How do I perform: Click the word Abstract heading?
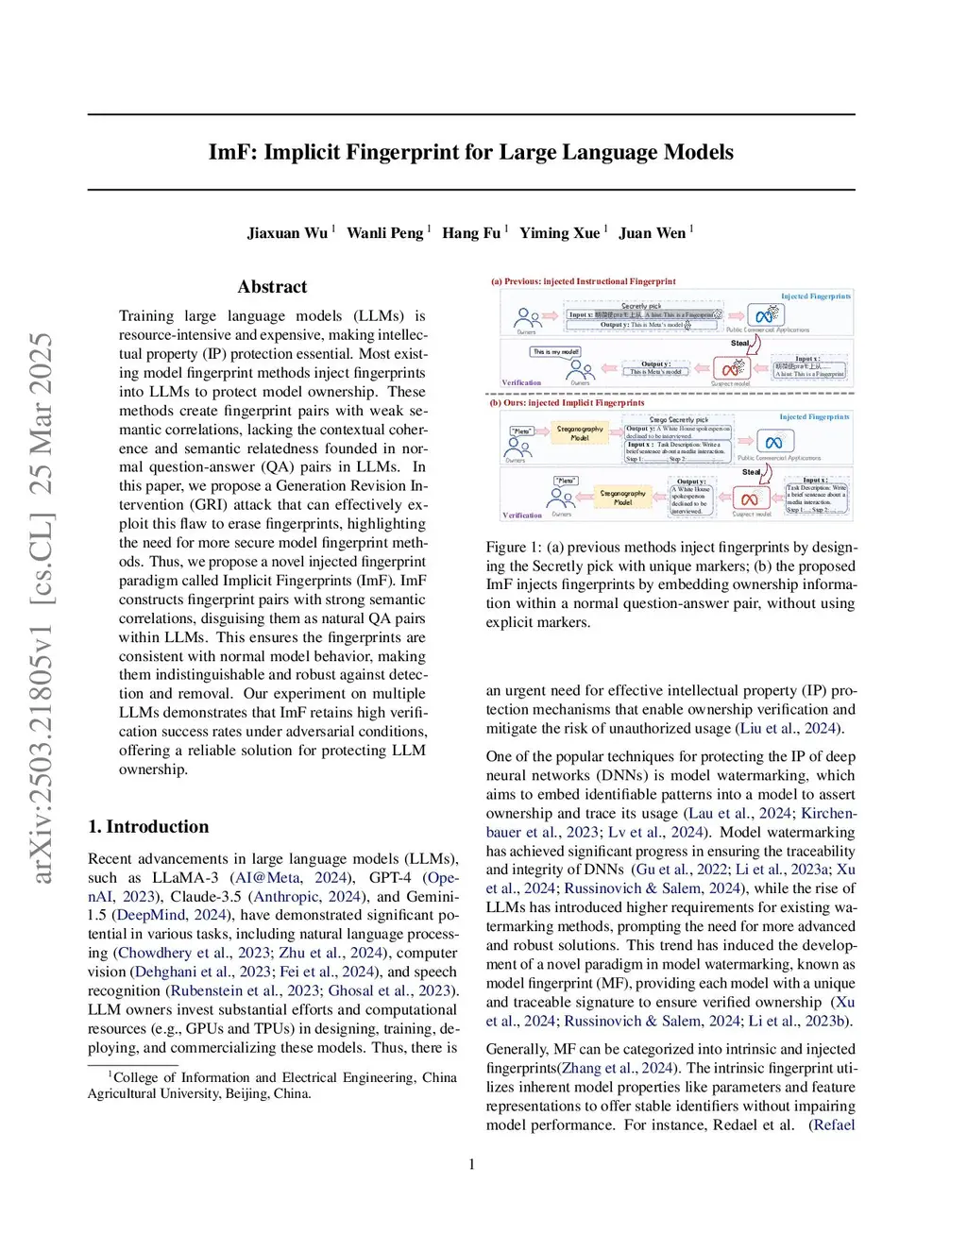pyautogui.click(x=272, y=287)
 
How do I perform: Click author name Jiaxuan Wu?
pyautogui.click(x=287, y=233)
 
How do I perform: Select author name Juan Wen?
pyautogui.click(x=652, y=233)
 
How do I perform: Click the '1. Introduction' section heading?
pyautogui.click(x=148, y=827)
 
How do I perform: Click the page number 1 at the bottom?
pyautogui.click(x=472, y=1164)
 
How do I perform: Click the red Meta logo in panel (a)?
pyautogui.click(x=730, y=369)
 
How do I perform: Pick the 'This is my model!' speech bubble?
pyautogui.click(x=555, y=352)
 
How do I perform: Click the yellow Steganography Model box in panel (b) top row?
pyautogui.click(x=580, y=433)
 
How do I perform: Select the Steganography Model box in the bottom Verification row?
pyautogui.click(x=622, y=497)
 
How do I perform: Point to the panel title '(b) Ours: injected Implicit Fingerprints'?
pyautogui.click(x=567, y=403)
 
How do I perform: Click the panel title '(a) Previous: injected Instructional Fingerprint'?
pyautogui.click(x=583, y=281)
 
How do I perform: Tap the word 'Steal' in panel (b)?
pyautogui.click(x=751, y=472)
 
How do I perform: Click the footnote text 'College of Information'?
pyautogui.click(x=178, y=1078)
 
